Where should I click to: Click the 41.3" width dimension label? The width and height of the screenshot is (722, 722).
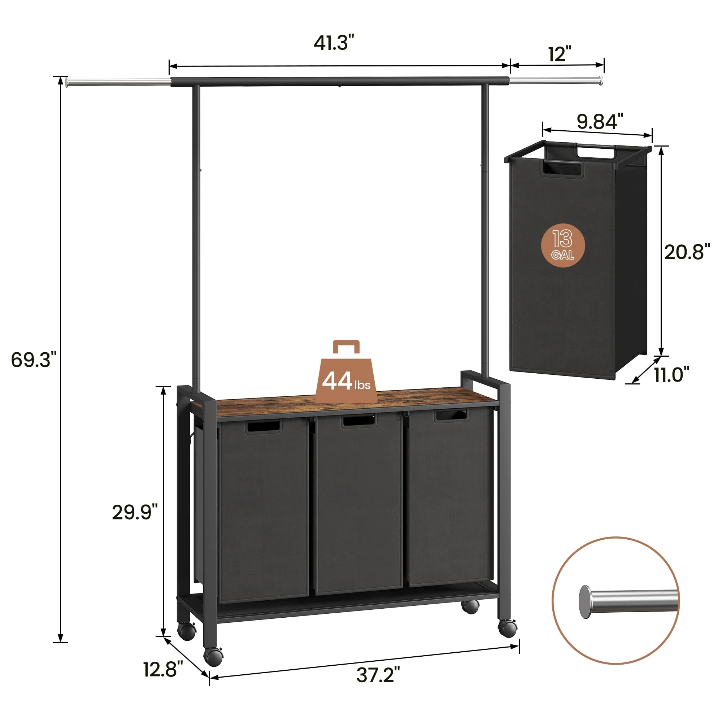pyautogui.click(x=333, y=43)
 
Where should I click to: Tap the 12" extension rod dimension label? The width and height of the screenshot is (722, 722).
pyautogui.click(x=560, y=55)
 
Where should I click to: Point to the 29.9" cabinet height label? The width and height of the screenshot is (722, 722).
pyautogui.click(x=135, y=512)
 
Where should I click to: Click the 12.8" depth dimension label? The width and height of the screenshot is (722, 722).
pyautogui.click(x=163, y=669)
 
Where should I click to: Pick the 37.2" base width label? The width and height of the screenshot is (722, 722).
pyautogui.click(x=378, y=675)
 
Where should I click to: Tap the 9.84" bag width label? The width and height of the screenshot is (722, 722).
pyautogui.click(x=599, y=121)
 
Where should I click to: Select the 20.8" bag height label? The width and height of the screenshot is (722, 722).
pyautogui.click(x=687, y=252)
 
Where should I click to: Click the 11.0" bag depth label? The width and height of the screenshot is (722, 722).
pyautogui.click(x=671, y=374)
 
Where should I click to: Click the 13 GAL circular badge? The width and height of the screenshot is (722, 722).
pyautogui.click(x=563, y=245)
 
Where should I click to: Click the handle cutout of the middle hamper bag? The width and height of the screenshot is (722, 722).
pyautogui.click(x=358, y=421)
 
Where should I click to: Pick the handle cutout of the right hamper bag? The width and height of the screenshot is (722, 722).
pyautogui.click(x=450, y=416)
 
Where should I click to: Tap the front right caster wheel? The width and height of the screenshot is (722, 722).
pyautogui.click(x=507, y=629)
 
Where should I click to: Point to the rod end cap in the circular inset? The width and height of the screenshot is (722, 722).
pyautogui.click(x=585, y=602)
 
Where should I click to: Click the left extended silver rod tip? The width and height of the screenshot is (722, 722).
pyautogui.click(x=67, y=82)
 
